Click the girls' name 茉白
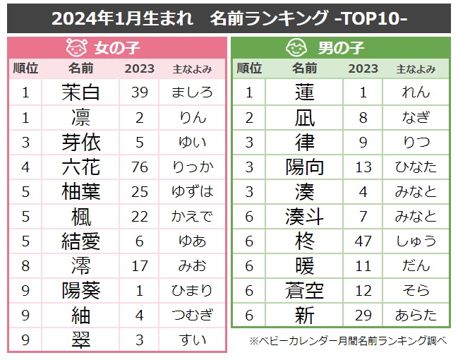(81, 92)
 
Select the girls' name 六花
(81, 167)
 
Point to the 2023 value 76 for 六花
(139, 167)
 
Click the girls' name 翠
(81, 340)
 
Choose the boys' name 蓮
(304, 92)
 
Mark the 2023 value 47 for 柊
(363, 241)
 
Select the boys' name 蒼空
(304, 290)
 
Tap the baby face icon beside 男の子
(296, 48)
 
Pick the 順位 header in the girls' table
(25, 69)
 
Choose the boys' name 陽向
(304, 167)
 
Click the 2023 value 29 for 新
(363, 315)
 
